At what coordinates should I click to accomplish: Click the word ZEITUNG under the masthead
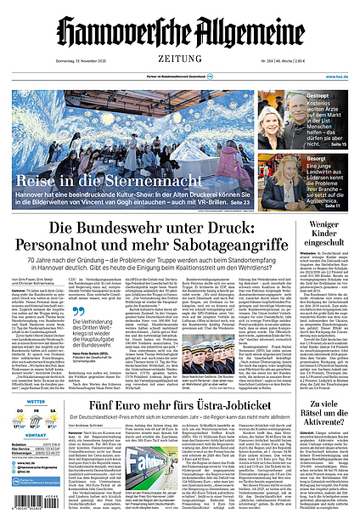tap(179, 59)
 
